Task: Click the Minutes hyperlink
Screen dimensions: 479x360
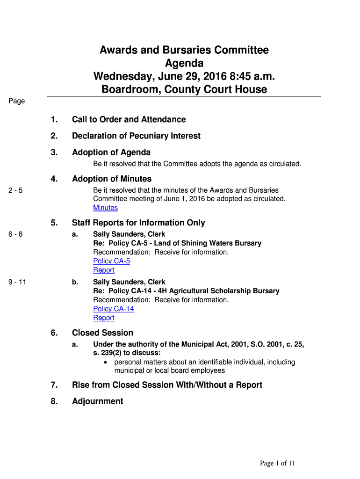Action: click(105, 208)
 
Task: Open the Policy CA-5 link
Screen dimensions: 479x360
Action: click(111, 261)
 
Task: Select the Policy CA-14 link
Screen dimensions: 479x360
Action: click(113, 309)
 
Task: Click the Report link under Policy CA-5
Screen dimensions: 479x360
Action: click(103, 270)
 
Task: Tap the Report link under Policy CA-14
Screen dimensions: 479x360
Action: click(103, 318)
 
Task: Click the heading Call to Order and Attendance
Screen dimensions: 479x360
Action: click(129, 119)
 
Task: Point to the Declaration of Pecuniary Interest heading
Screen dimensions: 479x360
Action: click(136, 136)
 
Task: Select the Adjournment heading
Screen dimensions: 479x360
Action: click(97, 401)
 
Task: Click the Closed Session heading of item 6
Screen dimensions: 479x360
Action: click(102, 333)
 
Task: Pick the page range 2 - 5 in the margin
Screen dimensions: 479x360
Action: click(15, 190)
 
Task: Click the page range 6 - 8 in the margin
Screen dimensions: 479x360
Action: click(15, 234)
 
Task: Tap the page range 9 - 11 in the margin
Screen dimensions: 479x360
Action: click(17, 282)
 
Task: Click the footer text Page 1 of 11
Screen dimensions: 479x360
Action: click(278, 464)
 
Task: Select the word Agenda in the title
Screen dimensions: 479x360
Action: click(184, 63)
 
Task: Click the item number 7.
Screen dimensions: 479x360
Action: click(54, 385)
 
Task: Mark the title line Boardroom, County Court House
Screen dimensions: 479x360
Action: click(184, 89)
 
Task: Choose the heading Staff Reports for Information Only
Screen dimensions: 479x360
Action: click(138, 223)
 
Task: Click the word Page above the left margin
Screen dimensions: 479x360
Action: click(16, 101)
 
